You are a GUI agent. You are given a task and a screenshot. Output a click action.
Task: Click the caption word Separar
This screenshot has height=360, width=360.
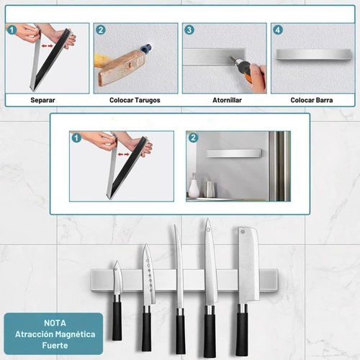tap(42, 100)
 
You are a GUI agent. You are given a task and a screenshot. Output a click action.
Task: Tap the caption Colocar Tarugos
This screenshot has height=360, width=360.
tap(135, 100)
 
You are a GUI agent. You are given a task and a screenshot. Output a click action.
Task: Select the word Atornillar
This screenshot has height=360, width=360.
tap(227, 100)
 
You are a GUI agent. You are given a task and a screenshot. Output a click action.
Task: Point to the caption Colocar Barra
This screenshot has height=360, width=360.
tap(312, 100)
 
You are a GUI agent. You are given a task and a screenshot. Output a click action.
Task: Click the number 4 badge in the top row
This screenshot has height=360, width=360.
tap(278, 30)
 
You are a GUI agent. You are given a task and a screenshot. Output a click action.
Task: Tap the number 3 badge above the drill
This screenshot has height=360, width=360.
tap(189, 30)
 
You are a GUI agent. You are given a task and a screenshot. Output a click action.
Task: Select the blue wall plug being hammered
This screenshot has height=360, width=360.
tap(146, 48)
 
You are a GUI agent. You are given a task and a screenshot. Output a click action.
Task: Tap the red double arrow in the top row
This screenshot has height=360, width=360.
tap(48, 45)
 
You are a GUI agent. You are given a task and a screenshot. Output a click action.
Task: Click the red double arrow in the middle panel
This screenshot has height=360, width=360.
tap(123, 154)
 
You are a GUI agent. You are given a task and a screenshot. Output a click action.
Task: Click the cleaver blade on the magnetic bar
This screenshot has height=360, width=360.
tap(248, 265)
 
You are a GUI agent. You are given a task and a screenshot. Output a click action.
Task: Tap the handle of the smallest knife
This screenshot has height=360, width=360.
tap(117, 321)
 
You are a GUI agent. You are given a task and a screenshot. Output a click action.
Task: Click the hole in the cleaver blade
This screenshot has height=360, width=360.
tap(243, 232)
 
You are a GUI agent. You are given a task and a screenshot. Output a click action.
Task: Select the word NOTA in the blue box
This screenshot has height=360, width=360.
tap(55, 323)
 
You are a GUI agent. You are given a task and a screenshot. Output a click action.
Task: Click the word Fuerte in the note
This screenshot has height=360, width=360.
tap(55, 346)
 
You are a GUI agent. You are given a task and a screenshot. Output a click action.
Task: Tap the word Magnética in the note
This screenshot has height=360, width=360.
tap(75, 334)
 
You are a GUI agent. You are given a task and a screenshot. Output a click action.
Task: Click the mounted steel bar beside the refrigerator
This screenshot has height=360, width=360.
tap(233, 153)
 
